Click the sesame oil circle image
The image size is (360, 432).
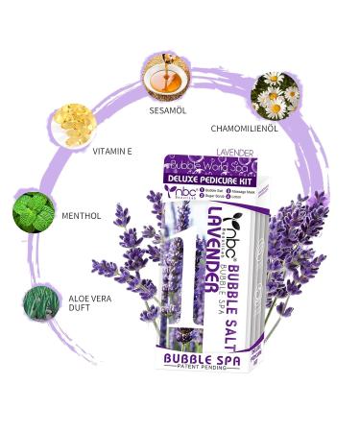pyautogui.click(x=164, y=75)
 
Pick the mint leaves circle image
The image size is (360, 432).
pyautogui.click(x=34, y=212)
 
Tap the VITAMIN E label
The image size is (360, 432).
pyautogui.click(x=112, y=151)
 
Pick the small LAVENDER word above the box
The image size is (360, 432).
pyautogui.click(x=235, y=152)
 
